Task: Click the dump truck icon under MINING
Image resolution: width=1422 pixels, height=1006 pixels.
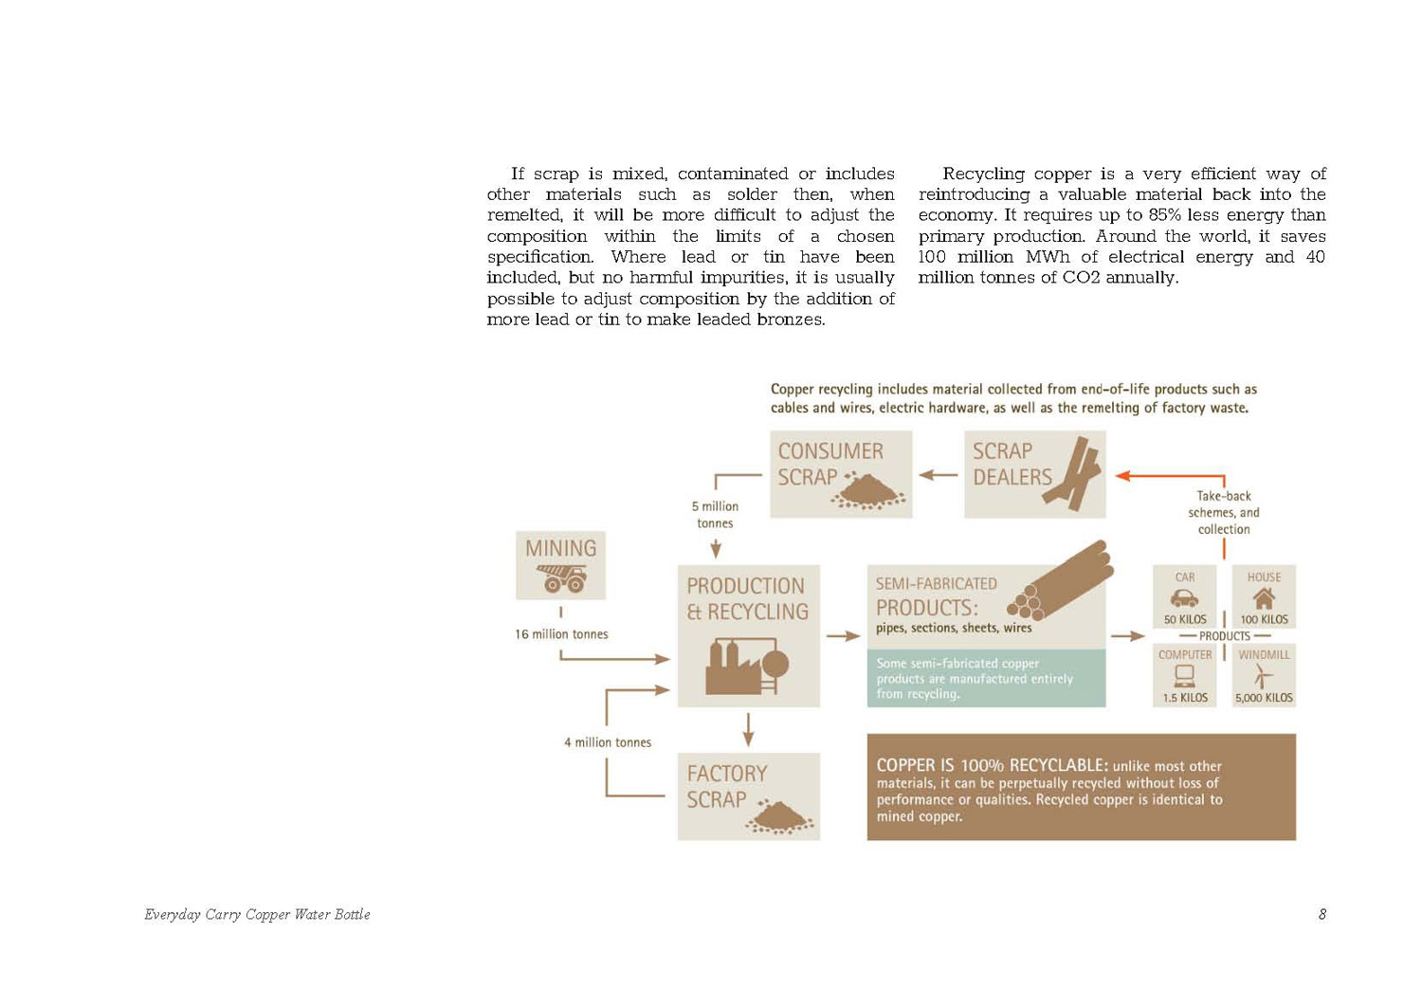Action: point(561,577)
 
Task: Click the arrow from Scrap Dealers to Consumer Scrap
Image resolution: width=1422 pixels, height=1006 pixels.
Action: point(939,475)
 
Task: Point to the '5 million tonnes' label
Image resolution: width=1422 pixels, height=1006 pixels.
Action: point(715,515)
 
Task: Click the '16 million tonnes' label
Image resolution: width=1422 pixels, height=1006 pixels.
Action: point(561,634)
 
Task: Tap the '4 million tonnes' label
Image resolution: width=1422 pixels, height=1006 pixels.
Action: point(608,742)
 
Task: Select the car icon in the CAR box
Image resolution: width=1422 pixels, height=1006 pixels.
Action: point(1184,598)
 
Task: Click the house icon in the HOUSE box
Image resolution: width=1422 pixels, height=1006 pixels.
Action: point(1264,598)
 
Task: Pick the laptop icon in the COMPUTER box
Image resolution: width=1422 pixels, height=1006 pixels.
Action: point(1184,676)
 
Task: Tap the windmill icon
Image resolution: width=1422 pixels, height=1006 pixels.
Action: point(1263,676)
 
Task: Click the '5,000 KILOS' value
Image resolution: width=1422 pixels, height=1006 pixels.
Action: point(1264,698)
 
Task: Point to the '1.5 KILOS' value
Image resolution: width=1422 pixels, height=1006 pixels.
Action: point(1185,698)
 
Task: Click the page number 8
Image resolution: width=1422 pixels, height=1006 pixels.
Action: point(1322,915)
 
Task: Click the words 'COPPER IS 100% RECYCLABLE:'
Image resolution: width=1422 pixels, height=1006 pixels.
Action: point(992,765)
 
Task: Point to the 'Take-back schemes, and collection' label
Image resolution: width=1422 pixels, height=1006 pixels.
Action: point(1223,513)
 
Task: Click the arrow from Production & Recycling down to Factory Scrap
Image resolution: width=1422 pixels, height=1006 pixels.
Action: point(748,729)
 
